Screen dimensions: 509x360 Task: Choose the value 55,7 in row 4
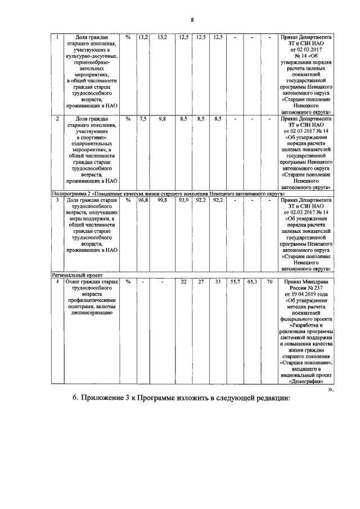236,281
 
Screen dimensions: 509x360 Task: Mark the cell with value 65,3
252,281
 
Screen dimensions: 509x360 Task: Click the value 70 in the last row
269,281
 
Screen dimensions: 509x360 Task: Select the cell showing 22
183,281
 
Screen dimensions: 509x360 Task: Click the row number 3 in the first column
57,200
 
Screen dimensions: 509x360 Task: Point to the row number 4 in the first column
57,281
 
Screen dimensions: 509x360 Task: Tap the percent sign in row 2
128,119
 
